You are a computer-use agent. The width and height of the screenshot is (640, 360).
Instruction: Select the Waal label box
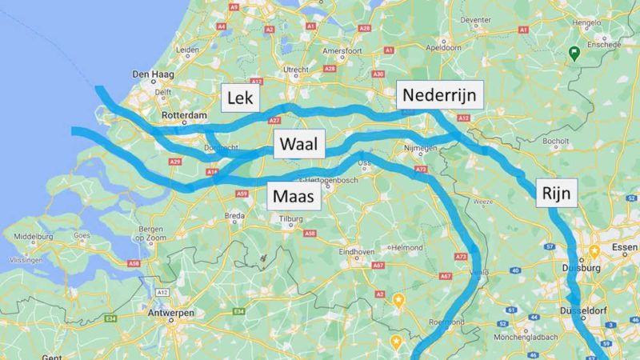[x=297, y=145]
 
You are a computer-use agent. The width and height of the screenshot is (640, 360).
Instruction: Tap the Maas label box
[x=293, y=195]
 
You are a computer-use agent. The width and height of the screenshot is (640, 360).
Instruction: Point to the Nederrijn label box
[x=439, y=95]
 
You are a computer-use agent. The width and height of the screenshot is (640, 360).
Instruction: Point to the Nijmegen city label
[x=420, y=148]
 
